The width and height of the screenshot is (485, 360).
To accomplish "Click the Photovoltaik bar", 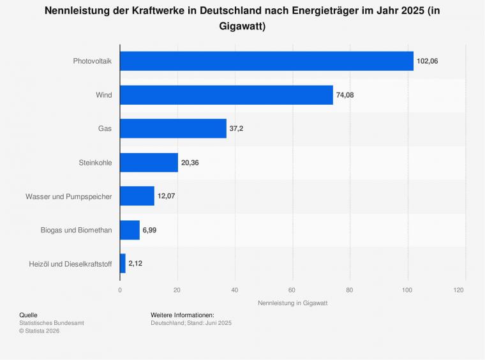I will tap(267, 61).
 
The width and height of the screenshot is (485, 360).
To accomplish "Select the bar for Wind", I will tap(227, 95).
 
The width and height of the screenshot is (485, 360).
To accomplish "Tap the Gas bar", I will tap(173, 128).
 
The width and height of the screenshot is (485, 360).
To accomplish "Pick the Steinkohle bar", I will tap(149, 162).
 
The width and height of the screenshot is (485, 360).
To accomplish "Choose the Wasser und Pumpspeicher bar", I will tap(137, 196).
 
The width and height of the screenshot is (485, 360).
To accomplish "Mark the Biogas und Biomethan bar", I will tap(130, 230).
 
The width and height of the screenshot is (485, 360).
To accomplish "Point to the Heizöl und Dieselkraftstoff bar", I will tap(123, 263).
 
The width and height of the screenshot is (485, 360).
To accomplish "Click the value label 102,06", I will tap(427, 61).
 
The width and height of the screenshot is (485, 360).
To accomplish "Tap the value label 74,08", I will tap(345, 95).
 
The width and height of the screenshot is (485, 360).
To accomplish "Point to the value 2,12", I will tap(135, 263).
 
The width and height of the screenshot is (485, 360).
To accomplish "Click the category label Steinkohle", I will tap(91, 162).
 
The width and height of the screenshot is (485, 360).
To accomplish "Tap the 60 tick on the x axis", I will tap(293, 290).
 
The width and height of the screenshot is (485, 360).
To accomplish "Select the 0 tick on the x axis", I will tap(120, 290).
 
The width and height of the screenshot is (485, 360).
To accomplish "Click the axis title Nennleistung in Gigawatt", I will tap(293, 303).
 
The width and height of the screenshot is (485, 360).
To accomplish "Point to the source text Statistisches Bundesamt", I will tap(52, 323).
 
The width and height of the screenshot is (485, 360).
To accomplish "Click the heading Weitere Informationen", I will tap(182, 315).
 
